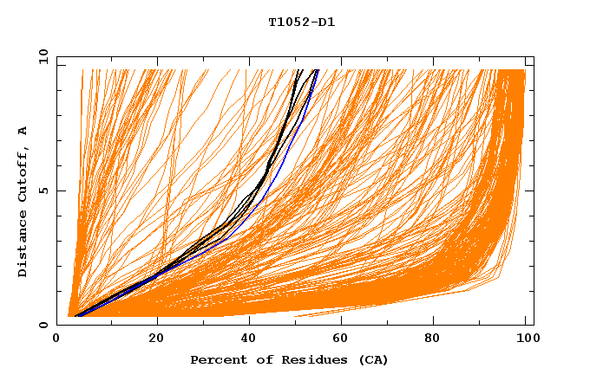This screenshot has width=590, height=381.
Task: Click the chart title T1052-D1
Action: tap(301, 23)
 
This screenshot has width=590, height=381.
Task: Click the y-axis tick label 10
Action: tap(43, 56)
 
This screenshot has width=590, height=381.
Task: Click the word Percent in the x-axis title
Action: tap(217, 359)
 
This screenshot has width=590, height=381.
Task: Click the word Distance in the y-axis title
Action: tap(23, 246)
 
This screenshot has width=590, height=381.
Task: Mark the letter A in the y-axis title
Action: tap(23, 131)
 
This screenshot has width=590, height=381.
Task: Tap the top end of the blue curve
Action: tap(318, 70)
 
